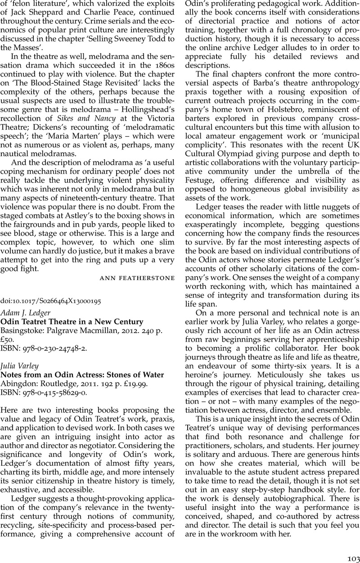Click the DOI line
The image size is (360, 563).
(50, 302)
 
